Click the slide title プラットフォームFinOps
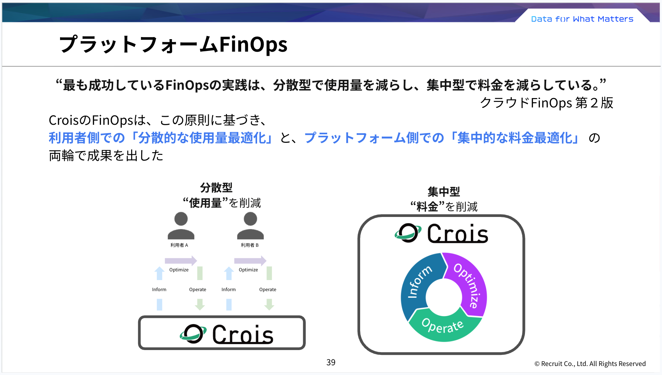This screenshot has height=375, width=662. pyautogui.click(x=173, y=44)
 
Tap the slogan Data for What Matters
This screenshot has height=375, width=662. pyautogui.click(x=582, y=19)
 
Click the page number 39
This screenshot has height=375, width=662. pyautogui.click(x=331, y=362)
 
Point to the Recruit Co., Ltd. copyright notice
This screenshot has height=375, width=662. pyautogui.click(x=590, y=364)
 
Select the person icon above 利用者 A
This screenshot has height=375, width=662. pyautogui.click(x=181, y=226)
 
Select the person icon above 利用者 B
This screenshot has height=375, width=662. pyautogui.click(x=250, y=226)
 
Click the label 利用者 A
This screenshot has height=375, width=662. pyautogui.click(x=179, y=245)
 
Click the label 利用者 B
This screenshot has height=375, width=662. pyautogui.click(x=249, y=245)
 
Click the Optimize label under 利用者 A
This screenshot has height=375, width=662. pyautogui.click(x=179, y=270)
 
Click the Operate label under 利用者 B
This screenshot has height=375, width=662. pyautogui.click(x=268, y=289)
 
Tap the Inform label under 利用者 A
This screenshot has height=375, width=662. pyautogui.click(x=159, y=289)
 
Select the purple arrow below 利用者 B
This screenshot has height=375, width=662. pyautogui.click(x=250, y=261)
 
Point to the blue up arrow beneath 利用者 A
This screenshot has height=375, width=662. pyautogui.click(x=159, y=273)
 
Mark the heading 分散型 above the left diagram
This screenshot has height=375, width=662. pyautogui.click(x=216, y=187)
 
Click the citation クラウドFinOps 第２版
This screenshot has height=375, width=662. pyautogui.click(x=546, y=103)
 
